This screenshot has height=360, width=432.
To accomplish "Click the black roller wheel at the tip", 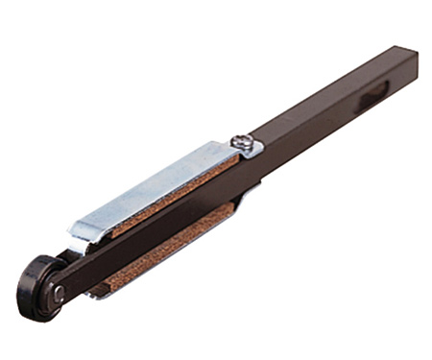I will [41, 287].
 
